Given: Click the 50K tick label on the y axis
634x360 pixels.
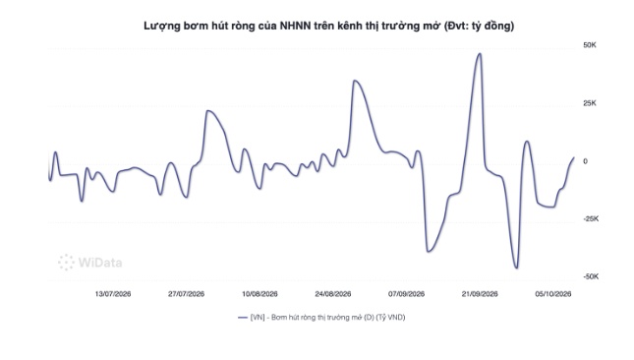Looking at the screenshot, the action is (x=590, y=45).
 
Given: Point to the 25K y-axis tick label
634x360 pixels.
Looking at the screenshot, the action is (x=590, y=103).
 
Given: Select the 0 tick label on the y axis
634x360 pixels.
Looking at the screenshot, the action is (x=585, y=161).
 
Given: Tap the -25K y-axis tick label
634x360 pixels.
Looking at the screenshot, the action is (x=591, y=219).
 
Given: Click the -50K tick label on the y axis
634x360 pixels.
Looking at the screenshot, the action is (x=591, y=277).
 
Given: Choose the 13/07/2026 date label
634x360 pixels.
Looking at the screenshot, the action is (x=113, y=294).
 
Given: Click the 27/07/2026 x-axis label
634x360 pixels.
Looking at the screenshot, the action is (x=187, y=294).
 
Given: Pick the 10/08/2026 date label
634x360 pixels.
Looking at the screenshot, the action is (x=259, y=294).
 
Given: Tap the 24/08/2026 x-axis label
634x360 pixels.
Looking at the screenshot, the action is (x=333, y=294).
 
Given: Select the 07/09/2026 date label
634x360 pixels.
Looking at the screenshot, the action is (x=406, y=294).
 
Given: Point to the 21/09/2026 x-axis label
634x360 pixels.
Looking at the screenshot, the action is (x=480, y=294).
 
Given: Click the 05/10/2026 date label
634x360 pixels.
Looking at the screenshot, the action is (x=553, y=294).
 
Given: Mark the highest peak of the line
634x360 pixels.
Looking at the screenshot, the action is (x=480, y=53).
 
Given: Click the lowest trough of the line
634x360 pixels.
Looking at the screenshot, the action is (x=516, y=269).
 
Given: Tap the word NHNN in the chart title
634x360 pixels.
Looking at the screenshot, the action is (x=296, y=26).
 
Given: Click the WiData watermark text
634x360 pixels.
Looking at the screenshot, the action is (x=100, y=263).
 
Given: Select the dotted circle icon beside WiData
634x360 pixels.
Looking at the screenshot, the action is (x=66, y=263).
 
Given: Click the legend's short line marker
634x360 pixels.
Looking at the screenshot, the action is (x=243, y=318).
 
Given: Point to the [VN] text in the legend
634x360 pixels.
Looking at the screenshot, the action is (x=258, y=318).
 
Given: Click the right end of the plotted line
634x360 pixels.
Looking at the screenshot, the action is (x=574, y=157).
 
